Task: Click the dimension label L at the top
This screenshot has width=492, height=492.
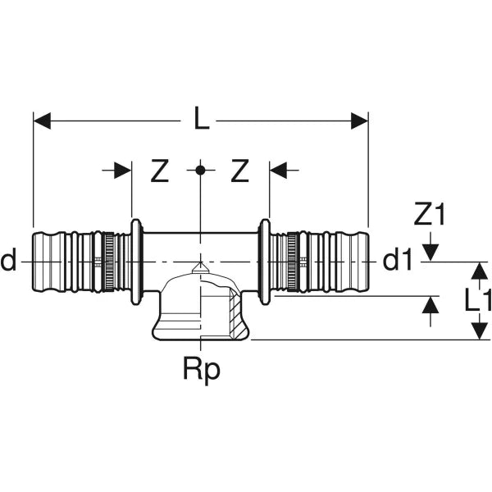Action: coord(200,121)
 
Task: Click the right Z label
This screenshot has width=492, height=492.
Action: coord(239,171)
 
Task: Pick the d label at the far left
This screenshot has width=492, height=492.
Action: coord(9,262)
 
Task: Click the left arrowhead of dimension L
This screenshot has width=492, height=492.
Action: coord(42,121)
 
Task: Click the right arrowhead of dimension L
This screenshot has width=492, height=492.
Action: coord(358,121)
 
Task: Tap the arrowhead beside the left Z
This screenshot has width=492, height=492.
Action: coord(122,171)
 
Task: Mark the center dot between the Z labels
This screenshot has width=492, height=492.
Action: coord(199,171)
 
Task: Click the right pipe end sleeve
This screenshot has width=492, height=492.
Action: coord(348,262)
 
